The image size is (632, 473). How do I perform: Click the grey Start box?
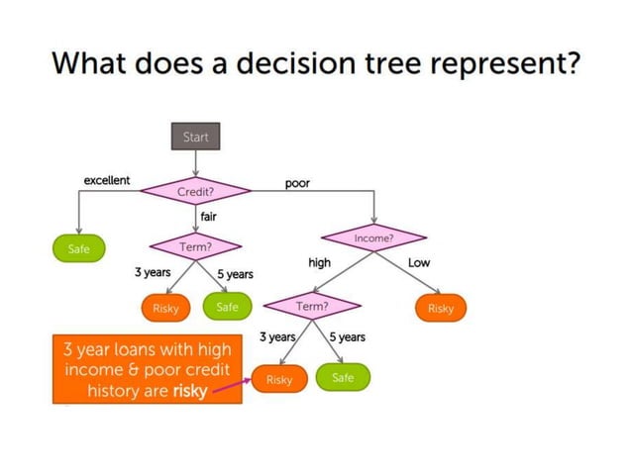(195, 137)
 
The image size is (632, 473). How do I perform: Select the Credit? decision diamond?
(196, 190)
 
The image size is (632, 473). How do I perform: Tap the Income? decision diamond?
(374, 238)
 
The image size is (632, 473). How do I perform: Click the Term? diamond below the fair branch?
(196, 245)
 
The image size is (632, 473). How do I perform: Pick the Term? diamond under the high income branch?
(312, 307)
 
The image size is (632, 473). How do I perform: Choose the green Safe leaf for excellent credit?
(78, 249)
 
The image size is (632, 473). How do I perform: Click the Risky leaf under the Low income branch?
(440, 308)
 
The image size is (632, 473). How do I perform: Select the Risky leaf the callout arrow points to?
(279, 379)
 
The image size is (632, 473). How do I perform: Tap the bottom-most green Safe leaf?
(343, 378)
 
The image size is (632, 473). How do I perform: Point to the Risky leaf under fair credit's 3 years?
(164, 308)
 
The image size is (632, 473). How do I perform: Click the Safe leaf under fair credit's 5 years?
(227, 307)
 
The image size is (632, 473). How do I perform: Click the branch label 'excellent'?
(106, 180)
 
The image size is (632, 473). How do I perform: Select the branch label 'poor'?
(297, 184)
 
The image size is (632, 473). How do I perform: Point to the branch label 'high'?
(319, 262)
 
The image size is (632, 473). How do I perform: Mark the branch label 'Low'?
(419, 262)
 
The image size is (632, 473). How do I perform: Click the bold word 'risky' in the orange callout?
(190, 390)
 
